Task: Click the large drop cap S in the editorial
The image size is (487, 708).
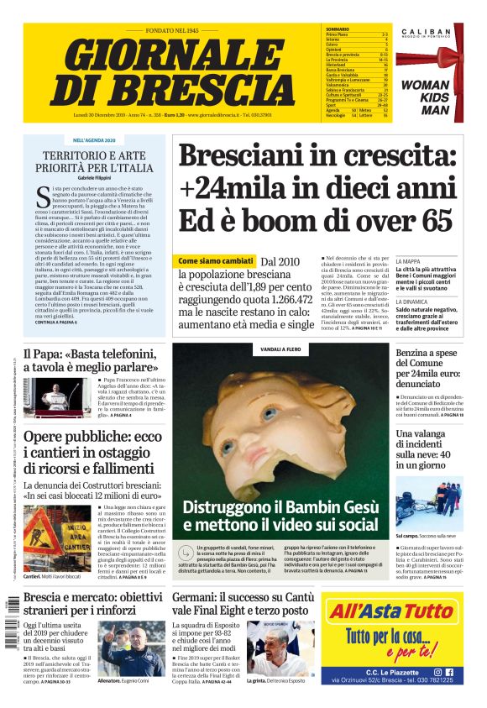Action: click(x=44, y=197)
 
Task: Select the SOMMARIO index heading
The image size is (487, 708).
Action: click(x=338, y=29)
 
